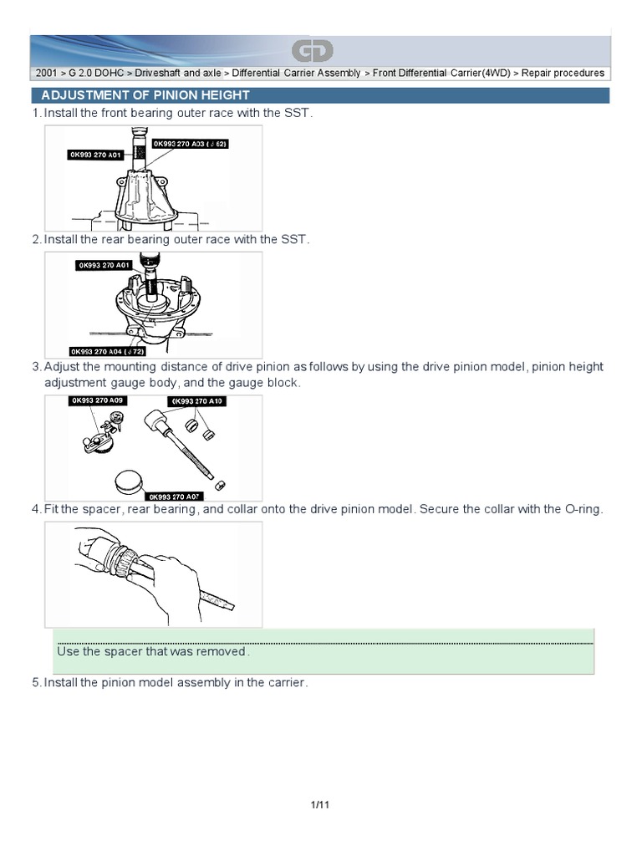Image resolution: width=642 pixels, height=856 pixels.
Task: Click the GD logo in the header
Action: (x=313, y=52)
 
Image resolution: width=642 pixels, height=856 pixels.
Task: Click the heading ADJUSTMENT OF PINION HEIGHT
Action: (x=145, y=95)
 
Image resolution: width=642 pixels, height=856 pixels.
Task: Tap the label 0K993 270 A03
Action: (x=190, y=144)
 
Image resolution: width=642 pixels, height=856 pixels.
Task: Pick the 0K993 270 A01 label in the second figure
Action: (x=104, y=265)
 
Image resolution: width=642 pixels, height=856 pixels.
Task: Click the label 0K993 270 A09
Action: (x=96, y=401)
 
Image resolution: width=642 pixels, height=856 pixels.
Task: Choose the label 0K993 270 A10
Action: (x=198, y=401)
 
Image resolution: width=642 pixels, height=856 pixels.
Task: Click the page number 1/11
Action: (x=321, y=805)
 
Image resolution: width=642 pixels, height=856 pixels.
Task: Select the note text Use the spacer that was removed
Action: (x=153, y=651)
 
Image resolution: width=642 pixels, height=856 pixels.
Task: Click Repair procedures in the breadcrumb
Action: (x=563, y=74)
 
